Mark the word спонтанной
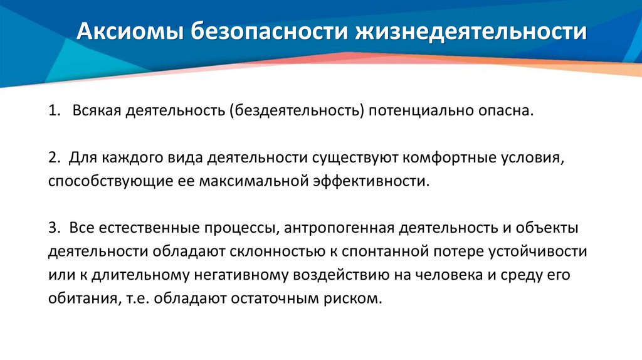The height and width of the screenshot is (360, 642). [385, 251]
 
